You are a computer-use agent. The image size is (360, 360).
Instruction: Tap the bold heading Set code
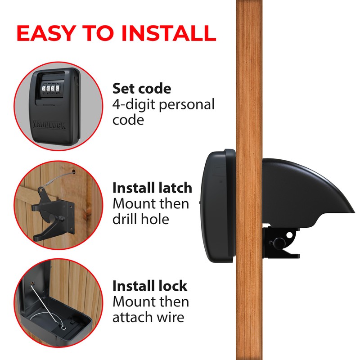click(142, 88)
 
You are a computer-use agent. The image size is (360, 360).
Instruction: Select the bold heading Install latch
click(152, 188)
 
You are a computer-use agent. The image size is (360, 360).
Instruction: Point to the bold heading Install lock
click(149, 286)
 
